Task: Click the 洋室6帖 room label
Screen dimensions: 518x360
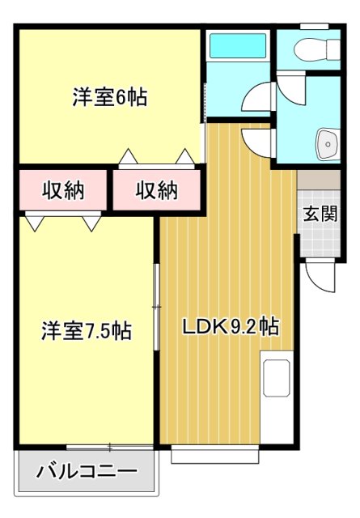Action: click(109, 98)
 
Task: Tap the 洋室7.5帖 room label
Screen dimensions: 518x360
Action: click(87, 330)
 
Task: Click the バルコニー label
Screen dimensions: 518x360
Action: click(87, 471)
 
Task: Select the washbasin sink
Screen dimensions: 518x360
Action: click(328, 143)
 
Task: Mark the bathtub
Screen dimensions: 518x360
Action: click(236, 47)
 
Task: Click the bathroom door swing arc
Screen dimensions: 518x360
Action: click(260, 100)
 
